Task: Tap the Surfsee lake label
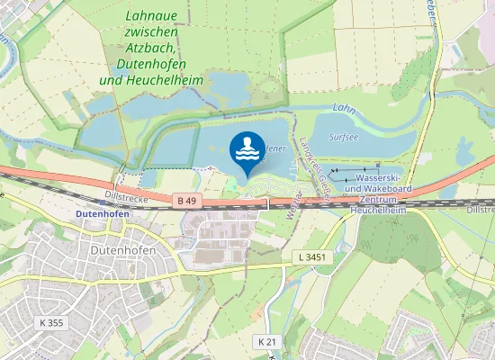click(344, 139)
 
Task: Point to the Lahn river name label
click(344, 108)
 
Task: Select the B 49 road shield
click(187, 200)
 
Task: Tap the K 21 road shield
click(266, 341)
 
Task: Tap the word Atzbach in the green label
click(152, 49)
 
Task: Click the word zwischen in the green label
click(150, 32)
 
